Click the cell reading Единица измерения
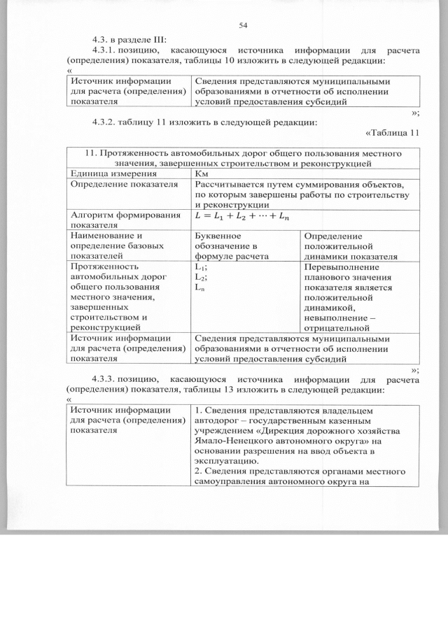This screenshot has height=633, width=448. coord(103,173)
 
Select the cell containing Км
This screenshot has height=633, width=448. coord(201,173)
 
